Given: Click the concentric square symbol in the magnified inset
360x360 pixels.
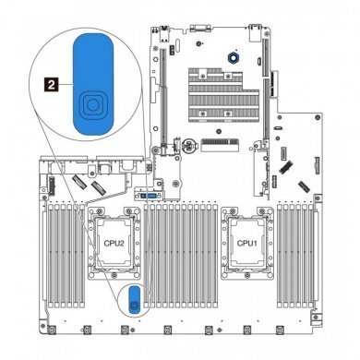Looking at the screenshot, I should point(90,106).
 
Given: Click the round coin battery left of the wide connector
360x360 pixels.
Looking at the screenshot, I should point(187,145).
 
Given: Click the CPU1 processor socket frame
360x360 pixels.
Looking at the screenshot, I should point(246,245).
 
